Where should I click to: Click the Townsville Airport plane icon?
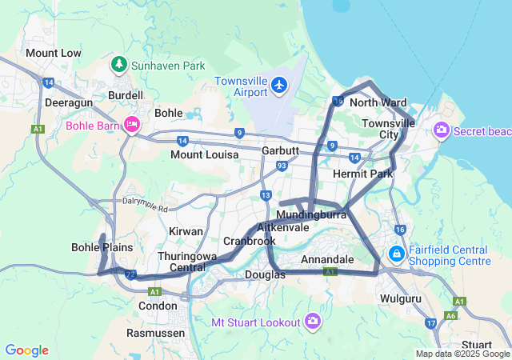coord(278,85)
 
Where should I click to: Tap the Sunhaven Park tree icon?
coord(119,64)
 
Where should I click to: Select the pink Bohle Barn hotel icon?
coord(132,123)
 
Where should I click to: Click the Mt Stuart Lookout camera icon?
coord(312,322)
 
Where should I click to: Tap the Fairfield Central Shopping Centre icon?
coord(396,254)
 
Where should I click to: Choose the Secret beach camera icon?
coord(441,130)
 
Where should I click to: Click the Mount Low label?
coord(54,53)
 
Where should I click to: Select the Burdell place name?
coord(126,95)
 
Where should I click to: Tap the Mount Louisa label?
coord(204,154)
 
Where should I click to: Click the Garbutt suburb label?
coord(280,150)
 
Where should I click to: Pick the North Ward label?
coord(378,102)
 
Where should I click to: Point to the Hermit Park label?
coord(362,174)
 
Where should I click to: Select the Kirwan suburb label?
coord(186,230)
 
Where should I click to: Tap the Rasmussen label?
coord(158,332)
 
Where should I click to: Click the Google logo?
coord(26,350)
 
